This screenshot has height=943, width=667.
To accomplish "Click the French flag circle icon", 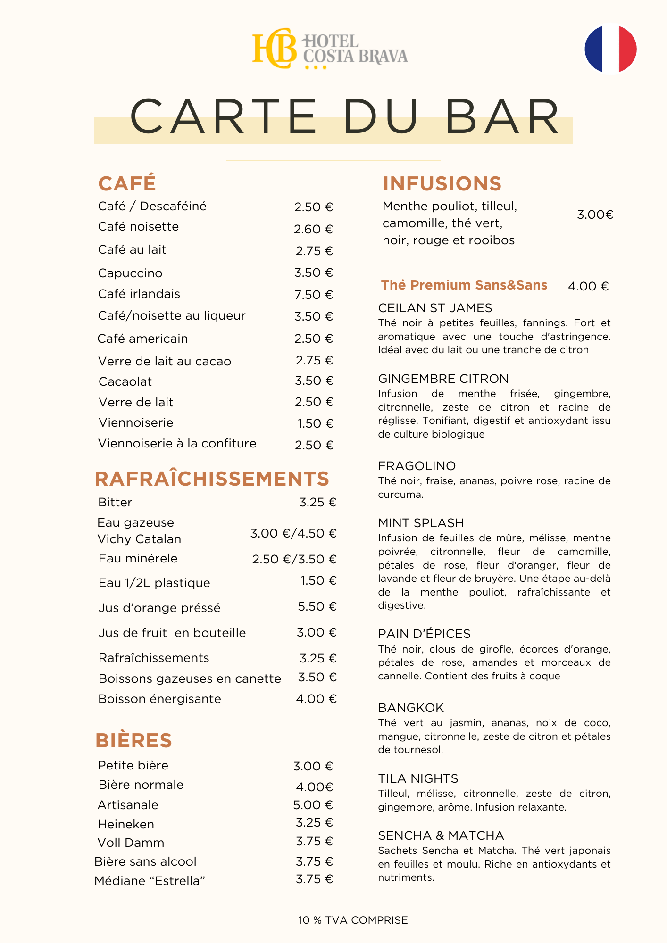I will [x=610, y=49].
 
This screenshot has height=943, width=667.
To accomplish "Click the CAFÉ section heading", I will [x=127, y=183].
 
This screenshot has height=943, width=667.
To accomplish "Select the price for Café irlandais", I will [x=314, y=295].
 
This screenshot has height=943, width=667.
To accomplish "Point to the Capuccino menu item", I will [x=130, y=273].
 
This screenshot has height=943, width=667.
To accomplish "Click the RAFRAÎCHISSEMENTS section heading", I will [x=212, y=479].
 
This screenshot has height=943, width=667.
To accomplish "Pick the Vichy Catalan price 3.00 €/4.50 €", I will [x=293, y=533].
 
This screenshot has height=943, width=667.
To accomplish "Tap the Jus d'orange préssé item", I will [x=159, y=608].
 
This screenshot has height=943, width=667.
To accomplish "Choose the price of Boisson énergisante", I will [x=316, y=699].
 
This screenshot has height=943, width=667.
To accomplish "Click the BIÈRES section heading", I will [x=133, y=740].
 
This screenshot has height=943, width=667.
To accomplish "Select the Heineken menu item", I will [x=126, y=824].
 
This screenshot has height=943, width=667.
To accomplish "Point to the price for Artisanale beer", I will [x=313, y=805].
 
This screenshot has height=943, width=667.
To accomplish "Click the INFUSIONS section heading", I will [x=442, y=183].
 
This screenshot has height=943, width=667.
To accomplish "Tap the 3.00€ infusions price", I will [x=595, y=215].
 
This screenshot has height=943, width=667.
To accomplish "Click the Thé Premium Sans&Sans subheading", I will [x=464, y=285].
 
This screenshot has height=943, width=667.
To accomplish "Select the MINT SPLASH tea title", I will [x=421, y=523].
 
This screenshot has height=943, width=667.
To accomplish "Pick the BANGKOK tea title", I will [x=411, y=708].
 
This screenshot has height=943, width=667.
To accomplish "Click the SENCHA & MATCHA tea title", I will [x=441, y=835].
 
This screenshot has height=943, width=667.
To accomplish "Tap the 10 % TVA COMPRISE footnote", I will [x=353, y=920].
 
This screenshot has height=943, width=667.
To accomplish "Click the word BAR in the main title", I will [x=502, y=116].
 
